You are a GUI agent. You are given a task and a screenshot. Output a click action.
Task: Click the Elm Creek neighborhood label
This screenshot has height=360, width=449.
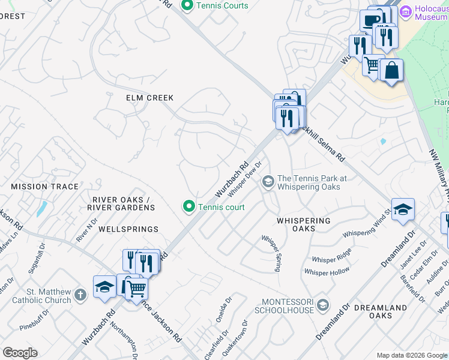click(149, 98)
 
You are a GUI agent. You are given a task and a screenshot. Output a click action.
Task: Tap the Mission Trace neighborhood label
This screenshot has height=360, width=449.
click(44, 187)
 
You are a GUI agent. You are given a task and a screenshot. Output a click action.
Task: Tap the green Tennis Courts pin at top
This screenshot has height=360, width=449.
click(187, 6)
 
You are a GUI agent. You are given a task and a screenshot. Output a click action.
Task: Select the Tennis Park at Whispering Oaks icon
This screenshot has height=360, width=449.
click(268, 181)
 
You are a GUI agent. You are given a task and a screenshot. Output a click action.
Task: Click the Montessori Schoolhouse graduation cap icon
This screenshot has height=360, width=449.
click(324, 305)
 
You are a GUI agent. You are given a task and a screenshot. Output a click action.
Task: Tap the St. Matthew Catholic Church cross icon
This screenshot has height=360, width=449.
click(82, 293)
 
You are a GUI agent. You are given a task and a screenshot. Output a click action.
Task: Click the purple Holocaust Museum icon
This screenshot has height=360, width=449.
click(406, 11)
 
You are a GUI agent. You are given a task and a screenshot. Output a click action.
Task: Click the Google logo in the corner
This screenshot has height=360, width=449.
click(20, 352)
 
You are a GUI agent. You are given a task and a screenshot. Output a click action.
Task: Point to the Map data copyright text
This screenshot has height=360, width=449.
click(411, 355)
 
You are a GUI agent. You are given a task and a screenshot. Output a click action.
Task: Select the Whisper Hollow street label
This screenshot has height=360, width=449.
click(327, 272)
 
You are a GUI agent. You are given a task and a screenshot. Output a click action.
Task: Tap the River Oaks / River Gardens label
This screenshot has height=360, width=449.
click(121, 203)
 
